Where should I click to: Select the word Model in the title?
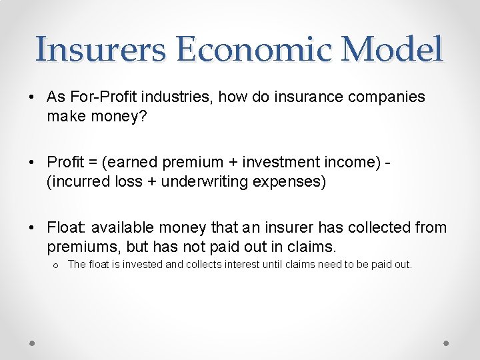(395, 49)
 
